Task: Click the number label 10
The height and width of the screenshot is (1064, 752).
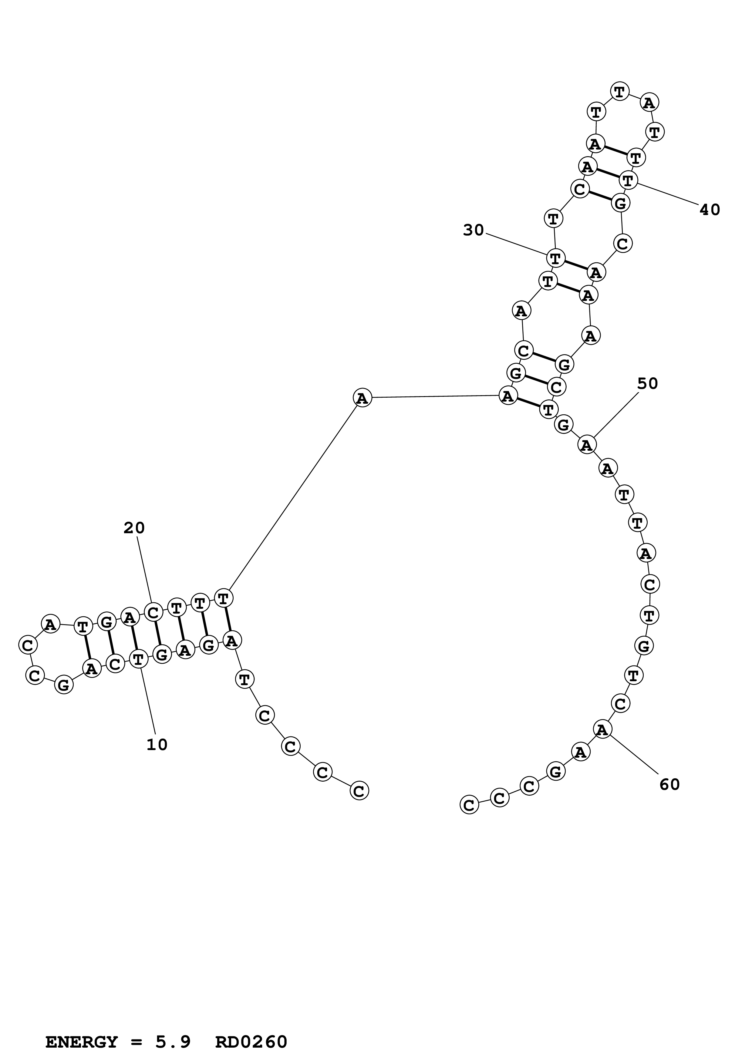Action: coord(157,744)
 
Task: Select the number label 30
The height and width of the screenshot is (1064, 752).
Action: coord(473,230)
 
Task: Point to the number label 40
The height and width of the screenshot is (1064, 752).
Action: coord(709,210)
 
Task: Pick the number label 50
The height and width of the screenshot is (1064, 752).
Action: coord(647,383)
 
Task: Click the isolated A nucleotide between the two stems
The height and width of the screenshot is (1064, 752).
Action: coord(362,398)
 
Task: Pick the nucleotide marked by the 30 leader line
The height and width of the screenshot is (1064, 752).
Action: coord(555,258)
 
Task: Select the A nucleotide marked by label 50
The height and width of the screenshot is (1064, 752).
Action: coord(587,445)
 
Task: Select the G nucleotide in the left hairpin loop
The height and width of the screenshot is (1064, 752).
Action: coord(64,685)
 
